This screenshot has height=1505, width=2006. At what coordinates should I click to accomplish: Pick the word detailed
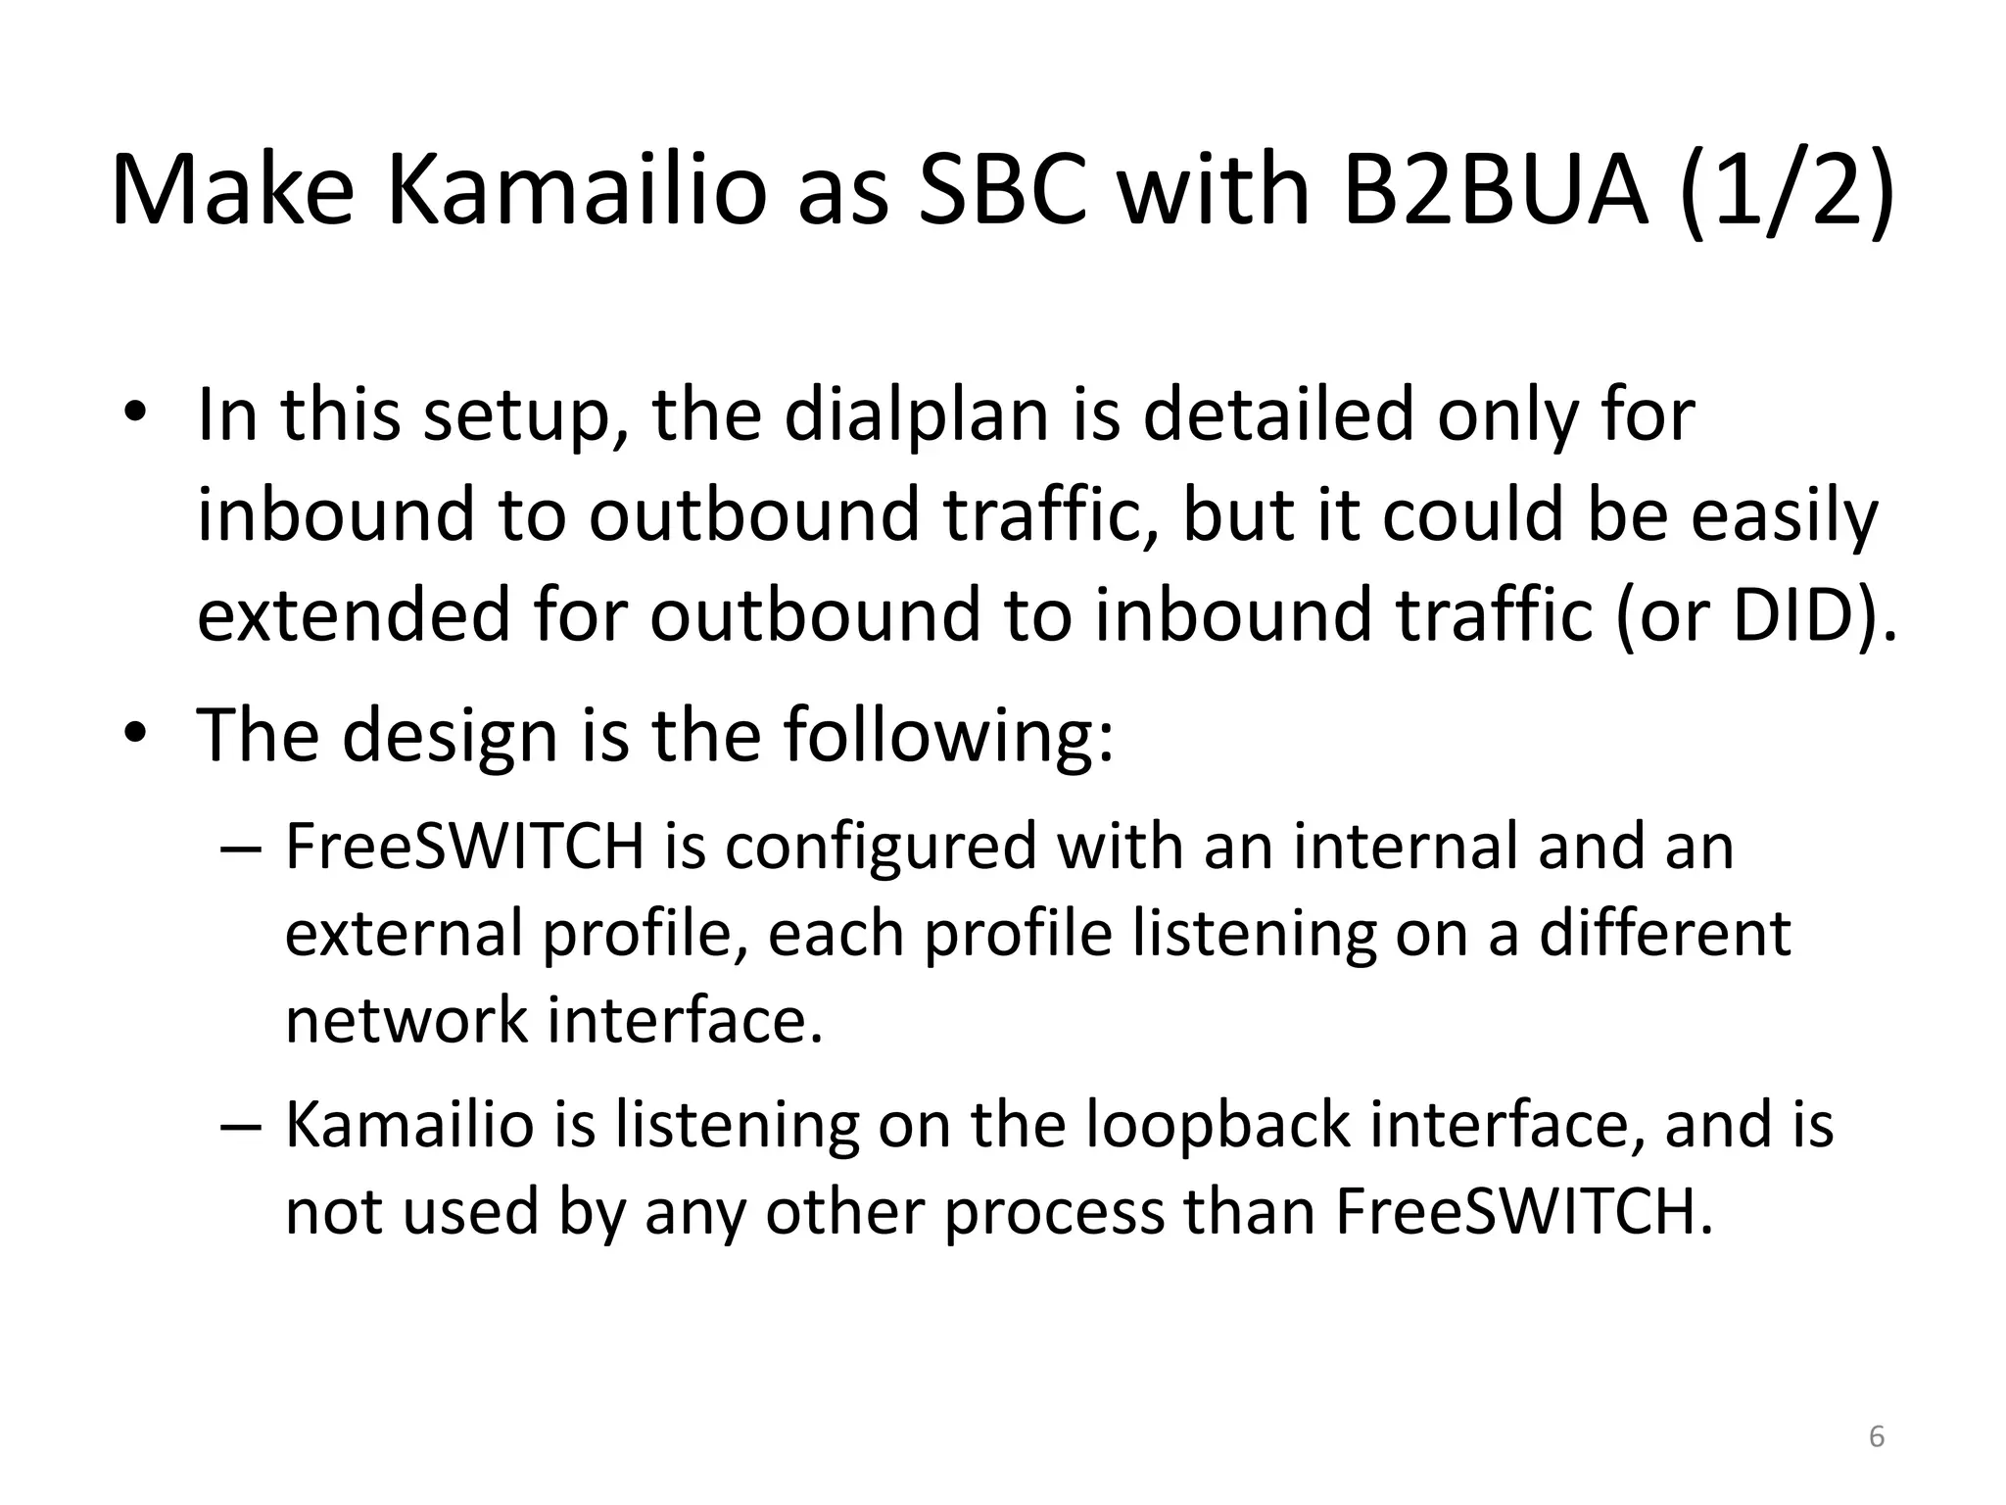coord(1279,415)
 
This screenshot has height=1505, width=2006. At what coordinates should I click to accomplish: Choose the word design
coord(451,736)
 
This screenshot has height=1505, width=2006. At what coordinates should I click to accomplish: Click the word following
coord(947,736)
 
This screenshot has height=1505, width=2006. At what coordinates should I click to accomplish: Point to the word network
coord(406,1021)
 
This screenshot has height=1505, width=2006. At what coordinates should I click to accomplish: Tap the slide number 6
coord(1877,1437)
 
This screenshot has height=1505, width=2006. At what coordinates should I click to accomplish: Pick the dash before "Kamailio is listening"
coord(241,1126)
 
